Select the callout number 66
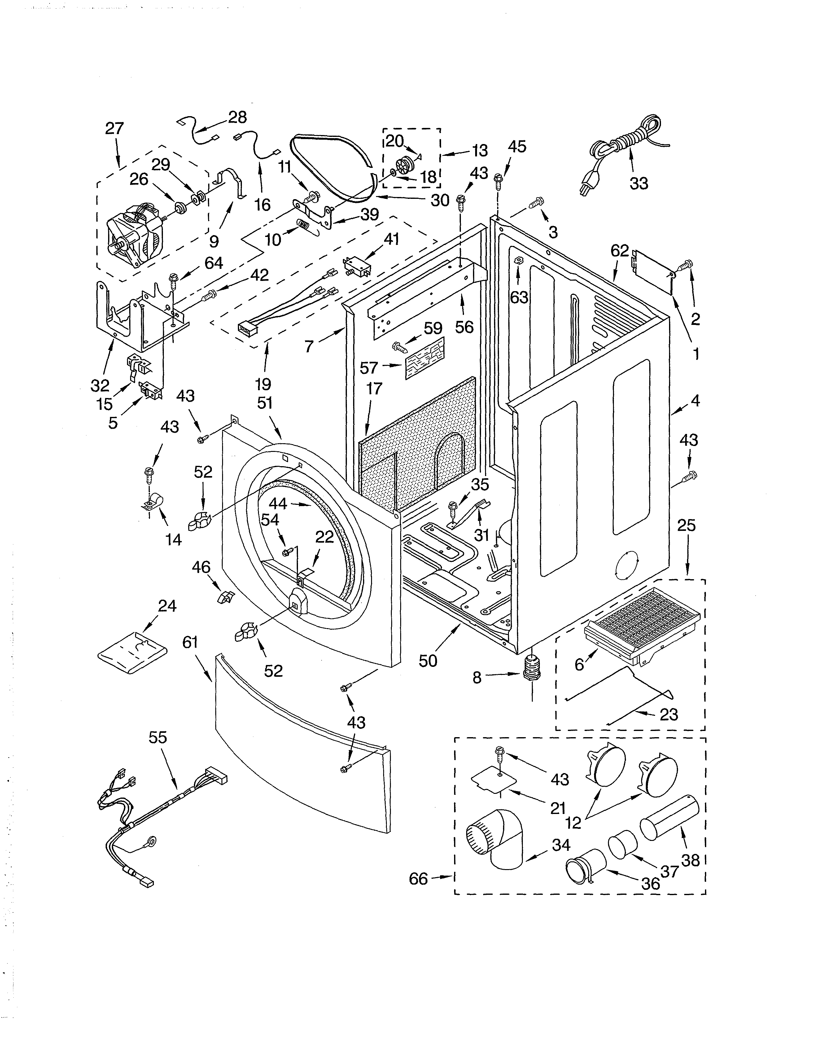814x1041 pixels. point(418,878)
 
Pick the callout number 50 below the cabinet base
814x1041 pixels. point(428,661)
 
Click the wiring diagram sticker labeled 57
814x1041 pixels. point(424,357)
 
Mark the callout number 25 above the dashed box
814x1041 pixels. point(686,525)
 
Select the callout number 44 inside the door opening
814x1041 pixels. point(278,503)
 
